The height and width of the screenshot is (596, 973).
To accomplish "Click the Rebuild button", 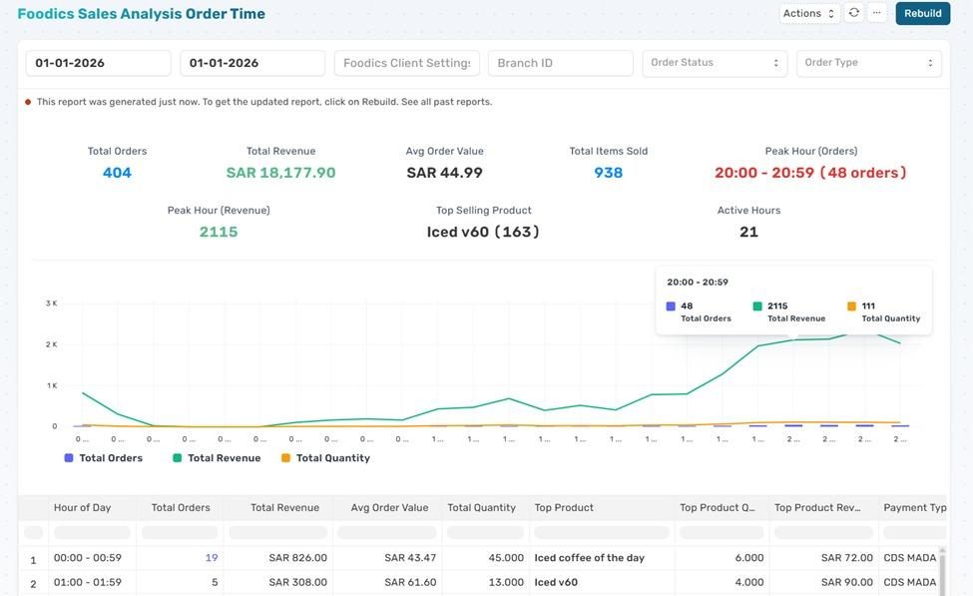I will (922, 13).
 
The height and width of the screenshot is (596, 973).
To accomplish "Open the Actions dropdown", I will (808, 13).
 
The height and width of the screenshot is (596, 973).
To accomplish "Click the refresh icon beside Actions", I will (854, 13).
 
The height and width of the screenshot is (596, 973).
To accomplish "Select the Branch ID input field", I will (560, 63).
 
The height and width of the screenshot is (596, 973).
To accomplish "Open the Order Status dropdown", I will (714, 63).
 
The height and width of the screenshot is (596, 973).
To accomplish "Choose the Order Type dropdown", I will (868, 63).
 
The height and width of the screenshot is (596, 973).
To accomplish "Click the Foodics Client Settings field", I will (406, 63).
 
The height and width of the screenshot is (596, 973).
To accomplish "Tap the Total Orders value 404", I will (117, 173).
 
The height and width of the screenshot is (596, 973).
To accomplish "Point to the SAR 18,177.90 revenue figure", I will (280, 173).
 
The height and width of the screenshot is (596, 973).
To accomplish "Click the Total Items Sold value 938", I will (608, 173).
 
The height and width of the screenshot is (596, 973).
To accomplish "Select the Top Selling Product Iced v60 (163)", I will (483, 232).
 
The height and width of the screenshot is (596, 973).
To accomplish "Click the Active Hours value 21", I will (748, 232).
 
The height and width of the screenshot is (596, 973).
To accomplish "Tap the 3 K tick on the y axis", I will (51, 302).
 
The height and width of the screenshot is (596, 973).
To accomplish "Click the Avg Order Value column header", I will (389, 507).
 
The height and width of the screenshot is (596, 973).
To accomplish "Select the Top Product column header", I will (564, 507).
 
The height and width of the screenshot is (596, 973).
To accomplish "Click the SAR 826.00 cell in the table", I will (297, 558).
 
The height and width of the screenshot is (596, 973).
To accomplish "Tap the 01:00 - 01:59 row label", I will (88, 583).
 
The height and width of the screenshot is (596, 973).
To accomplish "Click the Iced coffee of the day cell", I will (589, 558).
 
